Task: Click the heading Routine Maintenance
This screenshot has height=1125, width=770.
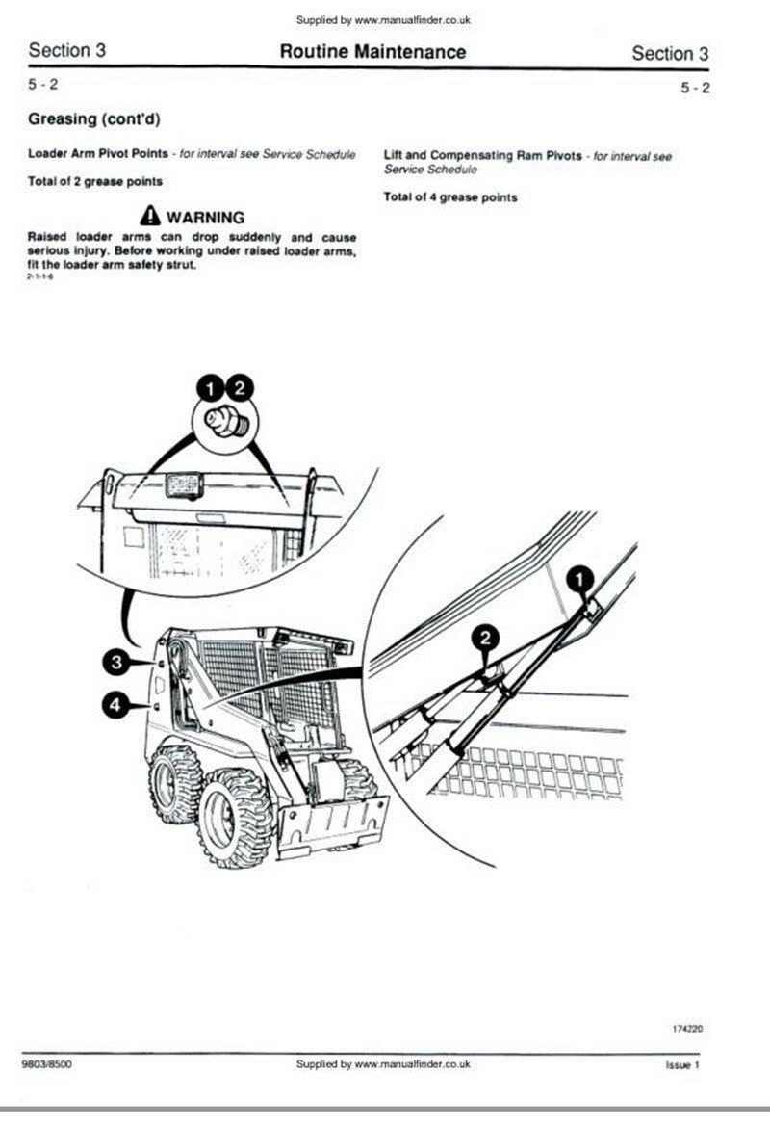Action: click(x=372, y=52)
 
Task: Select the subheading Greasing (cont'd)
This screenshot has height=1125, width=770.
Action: click(x=94, y=119)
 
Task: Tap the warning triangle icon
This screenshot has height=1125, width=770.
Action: click(x=149, y=216)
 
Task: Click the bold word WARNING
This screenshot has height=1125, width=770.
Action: click(x=205, y=217)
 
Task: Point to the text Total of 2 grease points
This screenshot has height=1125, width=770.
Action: click(x=95, y=181)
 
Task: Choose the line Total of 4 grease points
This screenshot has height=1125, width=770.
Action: click(x=449, y=197)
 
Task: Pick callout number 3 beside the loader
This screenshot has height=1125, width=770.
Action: click(x=115, y=662)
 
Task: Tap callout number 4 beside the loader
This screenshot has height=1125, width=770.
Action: click(x=115, y=706)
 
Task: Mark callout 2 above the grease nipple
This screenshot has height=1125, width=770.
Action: click(x=240, y=388)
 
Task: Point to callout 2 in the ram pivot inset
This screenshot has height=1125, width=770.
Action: click(x=486, y=637)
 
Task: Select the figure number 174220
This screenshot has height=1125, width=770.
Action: click(x=687, y=1029)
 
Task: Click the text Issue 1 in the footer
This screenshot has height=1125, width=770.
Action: click(x=682, y=1065)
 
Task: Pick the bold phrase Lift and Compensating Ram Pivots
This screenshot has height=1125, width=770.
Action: click(x=482, y=155)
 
